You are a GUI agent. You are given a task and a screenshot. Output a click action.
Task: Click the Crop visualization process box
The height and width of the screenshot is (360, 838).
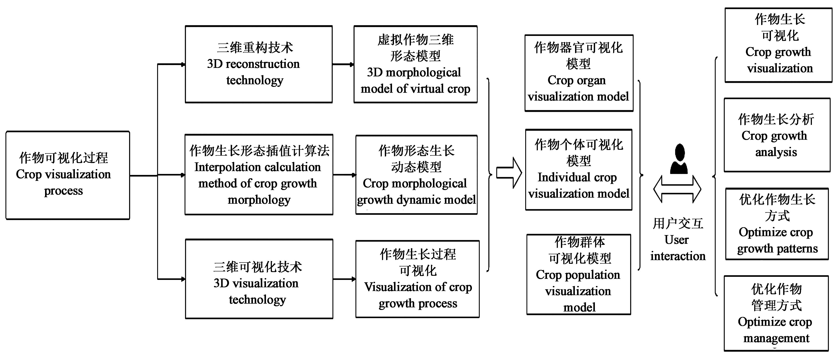pos(68,175)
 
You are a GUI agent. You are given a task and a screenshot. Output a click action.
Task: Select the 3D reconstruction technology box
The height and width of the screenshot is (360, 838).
pos(259,64)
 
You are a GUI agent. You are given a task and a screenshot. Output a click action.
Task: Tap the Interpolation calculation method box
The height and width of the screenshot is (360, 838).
pos(259,175)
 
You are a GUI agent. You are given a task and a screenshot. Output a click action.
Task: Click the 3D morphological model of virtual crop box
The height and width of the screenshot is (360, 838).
pos(416,64)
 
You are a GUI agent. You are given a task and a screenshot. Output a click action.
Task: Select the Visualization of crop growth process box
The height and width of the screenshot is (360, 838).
pos(417,279)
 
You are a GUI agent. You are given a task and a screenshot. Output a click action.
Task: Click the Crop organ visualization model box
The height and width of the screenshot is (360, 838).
pos(579,73)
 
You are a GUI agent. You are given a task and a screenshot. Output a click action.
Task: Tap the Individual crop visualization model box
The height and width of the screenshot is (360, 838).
pos(579,169)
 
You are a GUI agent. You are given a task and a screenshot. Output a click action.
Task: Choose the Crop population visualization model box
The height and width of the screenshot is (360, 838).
pos(579,274)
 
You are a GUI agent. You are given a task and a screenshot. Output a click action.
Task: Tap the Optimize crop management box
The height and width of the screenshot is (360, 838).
pos(776,313)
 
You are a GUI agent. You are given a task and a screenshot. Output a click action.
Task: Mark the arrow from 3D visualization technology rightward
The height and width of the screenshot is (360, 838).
pos(344,279)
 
